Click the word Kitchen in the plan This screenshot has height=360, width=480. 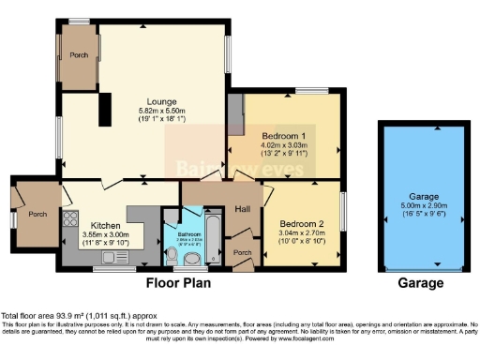(x=104, y=226)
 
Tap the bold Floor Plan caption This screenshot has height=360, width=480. (x=177, y=282)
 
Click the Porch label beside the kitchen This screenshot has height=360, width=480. (x=37, y=214)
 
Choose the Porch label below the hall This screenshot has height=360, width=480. (x=242, y=252)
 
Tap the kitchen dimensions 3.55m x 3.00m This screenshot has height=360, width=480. (x=104, y=235)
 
